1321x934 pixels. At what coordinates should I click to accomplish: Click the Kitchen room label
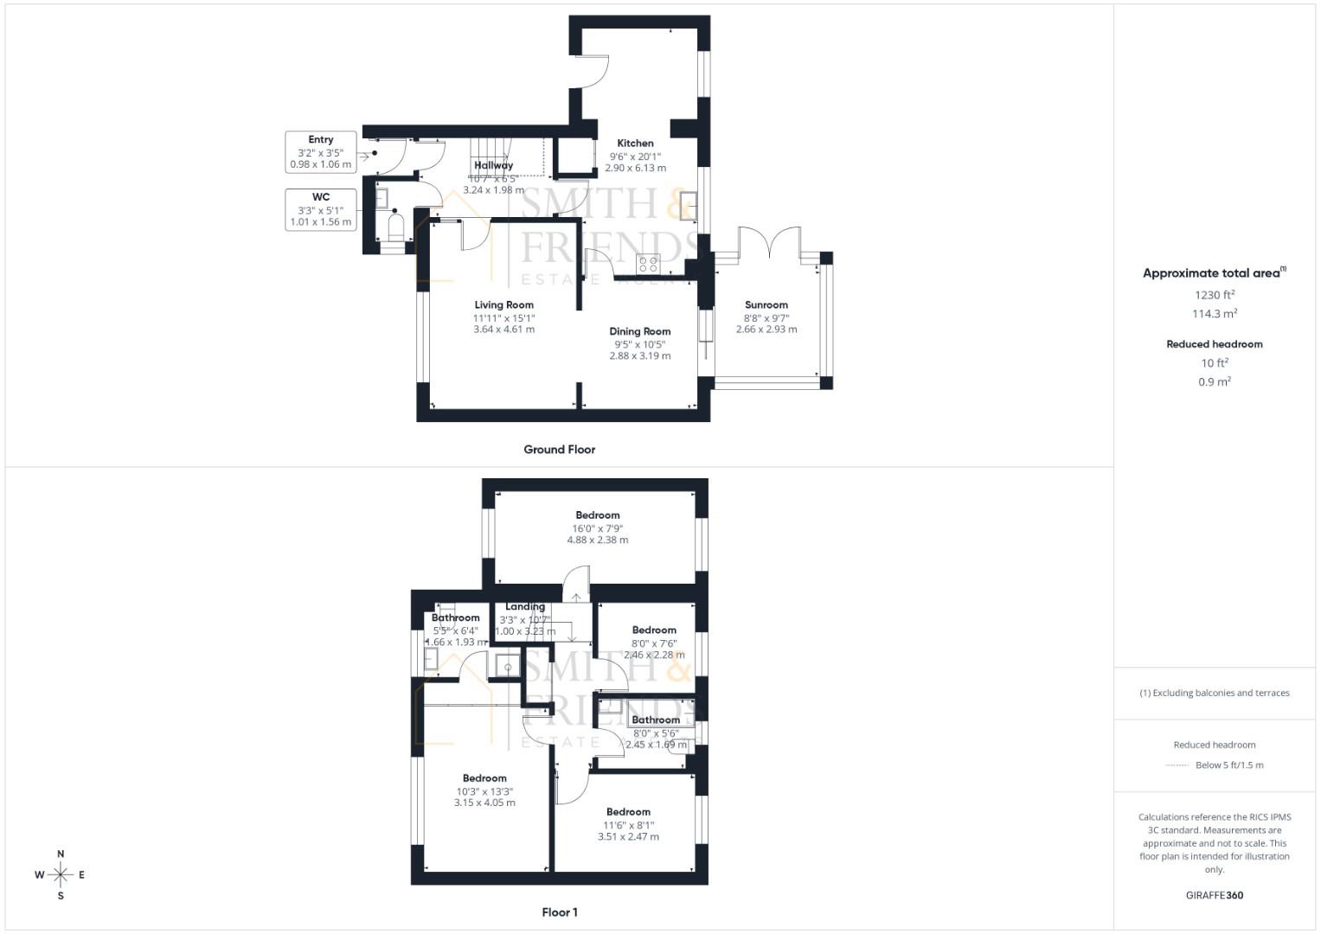pos(635,144)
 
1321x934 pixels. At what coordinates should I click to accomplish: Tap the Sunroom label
pos(766,304)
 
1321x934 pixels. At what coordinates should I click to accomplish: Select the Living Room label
pos(503,304)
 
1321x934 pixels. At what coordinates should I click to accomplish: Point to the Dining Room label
pos(639,331)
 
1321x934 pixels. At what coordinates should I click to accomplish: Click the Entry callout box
pos(321,151)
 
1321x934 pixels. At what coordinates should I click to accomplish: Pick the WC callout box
pos(321,209)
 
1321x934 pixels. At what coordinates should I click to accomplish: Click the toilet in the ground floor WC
pos(396,229)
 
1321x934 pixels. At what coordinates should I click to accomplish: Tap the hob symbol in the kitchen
pos(648,263)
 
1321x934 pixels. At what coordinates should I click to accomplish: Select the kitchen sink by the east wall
pos(689,207)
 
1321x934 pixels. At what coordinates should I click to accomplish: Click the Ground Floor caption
pos(559,450)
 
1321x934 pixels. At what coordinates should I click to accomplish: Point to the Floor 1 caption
pos(560,912)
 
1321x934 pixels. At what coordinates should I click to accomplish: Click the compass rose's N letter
pos(61,854)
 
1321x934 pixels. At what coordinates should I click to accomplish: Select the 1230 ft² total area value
pos(1214,295)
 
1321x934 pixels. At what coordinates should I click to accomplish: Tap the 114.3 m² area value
pos(1214,314)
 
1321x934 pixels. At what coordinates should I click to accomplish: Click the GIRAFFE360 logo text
pos(1214,895)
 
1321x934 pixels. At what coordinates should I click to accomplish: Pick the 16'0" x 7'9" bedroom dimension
pos(597,528)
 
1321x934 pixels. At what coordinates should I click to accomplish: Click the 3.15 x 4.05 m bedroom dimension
pos(484,803)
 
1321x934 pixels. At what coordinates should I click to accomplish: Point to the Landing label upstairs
pos(525,607)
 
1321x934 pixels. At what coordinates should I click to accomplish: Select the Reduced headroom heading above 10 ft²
pos(1214,344)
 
